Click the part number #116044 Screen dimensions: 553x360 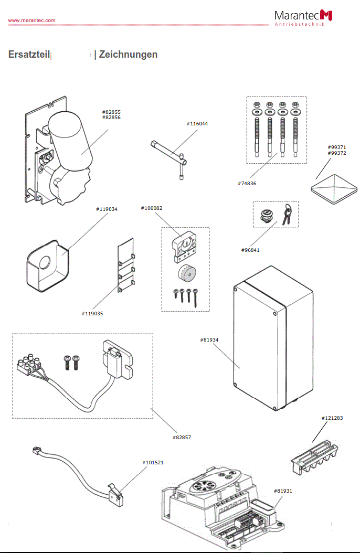pyautogui.click(x=197, y=124)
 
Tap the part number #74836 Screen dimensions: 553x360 pyautogui.click(x=247, y=184)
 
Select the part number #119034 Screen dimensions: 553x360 pyautogui.click(x=107, y=209)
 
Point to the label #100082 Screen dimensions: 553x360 pyautogui.click(x=152, y=208)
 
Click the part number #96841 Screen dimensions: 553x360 pyautogui.click(x=250, y=250)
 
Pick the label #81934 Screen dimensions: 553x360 pyautogui.click(x=209, y=340)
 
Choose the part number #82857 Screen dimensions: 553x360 pyautogui.click(x=182, y=437)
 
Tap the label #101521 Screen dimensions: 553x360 pyautogui.click(x=153, y=463)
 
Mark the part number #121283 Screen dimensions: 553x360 pyautogui.click(x=332, y=418)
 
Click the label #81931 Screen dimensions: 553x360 pyautogui.click(x=283, y=491)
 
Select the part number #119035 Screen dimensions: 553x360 pyautogui.click(x=92, y=314)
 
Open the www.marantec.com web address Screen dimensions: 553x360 pyautogui.click(x=31, y=20)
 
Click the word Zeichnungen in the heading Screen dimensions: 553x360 pyautogui.click(x=128, y=55)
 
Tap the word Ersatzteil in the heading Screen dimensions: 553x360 pyautogui.click(x=29, y=55)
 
